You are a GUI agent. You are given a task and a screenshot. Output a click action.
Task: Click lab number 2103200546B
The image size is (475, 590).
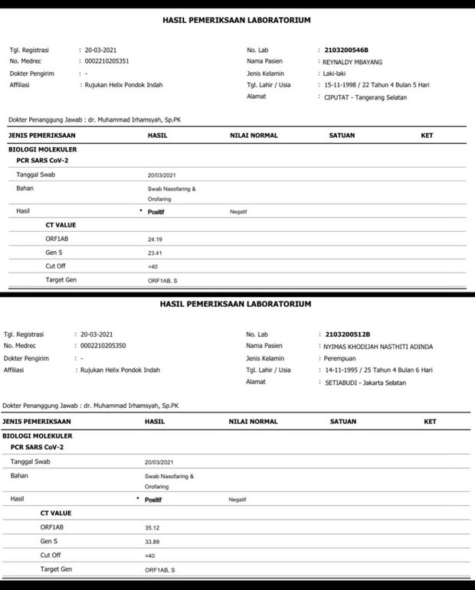point(352,48)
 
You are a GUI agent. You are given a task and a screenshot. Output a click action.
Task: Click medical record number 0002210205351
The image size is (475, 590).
point(112,60)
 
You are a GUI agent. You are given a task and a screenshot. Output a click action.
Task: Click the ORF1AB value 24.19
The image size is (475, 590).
point(156,240)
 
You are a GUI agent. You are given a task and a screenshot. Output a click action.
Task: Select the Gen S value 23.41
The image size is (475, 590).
point(156,253)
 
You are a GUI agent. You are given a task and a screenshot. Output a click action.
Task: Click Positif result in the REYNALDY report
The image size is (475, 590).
point(156,211)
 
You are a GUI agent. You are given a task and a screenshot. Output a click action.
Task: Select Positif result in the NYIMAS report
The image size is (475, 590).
point(153,499)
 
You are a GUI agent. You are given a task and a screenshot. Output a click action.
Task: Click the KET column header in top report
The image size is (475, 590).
point(427,135)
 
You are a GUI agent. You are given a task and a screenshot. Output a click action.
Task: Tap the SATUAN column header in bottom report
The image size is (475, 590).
point(342,422)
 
